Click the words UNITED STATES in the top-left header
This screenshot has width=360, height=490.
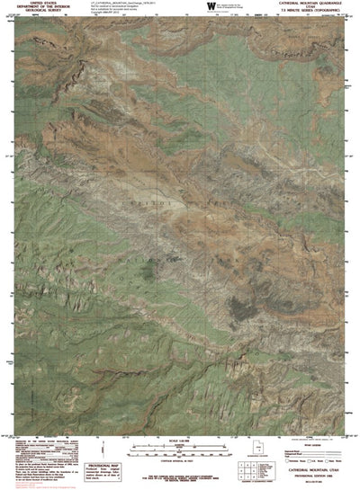point(34,4)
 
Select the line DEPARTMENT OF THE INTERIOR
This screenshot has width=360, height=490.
point(34,7)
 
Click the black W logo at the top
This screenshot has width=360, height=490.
point(210,8)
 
